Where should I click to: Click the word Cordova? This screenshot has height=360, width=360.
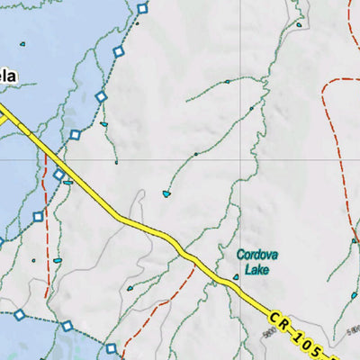click(x=257, y=256)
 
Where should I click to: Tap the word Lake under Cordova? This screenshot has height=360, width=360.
click(x=258, y=268)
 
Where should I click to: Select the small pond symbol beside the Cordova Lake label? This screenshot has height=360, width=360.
click(x=236, y=277)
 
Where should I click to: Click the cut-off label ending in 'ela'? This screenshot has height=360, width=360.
click(x=7, y=76)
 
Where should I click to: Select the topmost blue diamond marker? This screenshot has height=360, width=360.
click(x=142, y=9)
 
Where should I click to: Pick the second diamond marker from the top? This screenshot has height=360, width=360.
click(x=118, y=51)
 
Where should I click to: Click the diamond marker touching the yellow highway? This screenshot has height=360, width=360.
click(x=59, y=175)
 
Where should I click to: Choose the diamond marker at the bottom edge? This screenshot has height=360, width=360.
click(x=112, y=348)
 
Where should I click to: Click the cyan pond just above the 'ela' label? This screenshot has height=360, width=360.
click(x=21, y=43)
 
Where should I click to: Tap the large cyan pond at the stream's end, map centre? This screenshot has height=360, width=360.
click(x=166, y=193)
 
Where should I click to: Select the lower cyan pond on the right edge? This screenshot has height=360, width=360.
click(x=355, y=294)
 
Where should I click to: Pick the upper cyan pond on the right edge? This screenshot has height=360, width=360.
click(x=355, y=240)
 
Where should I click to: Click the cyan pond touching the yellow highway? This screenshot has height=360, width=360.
click(x=68, y=182)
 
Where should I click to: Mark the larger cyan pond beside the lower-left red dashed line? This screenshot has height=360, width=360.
click(x=58, y=261)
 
